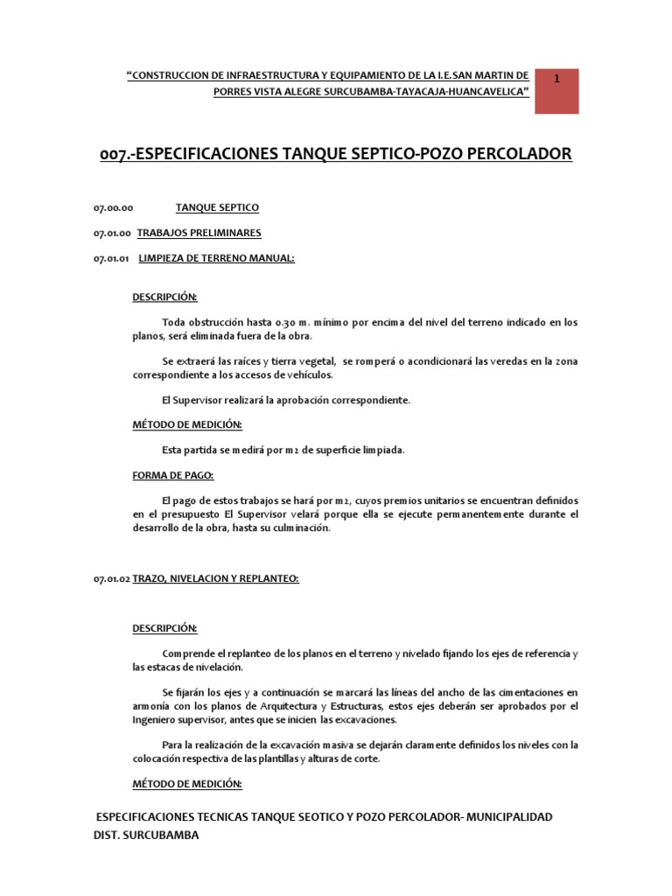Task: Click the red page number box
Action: tap(556, 89)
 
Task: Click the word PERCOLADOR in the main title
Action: tap(508, 154)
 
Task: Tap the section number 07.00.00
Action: tap(113, 208)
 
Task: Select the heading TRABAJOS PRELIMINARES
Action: tap(199, 233)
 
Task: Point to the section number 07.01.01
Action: tap(111, 258)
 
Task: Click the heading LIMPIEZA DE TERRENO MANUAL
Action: tap(216, 258)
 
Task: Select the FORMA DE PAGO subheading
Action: tap(173, 475)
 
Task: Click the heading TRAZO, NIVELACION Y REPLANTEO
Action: tap(215, 578)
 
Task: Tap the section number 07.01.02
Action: tap(111, 579)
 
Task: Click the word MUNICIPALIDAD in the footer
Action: tap(508, 816)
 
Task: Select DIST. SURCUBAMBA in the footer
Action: tap(145, 835)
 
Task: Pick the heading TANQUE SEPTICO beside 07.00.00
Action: tap(217, 208)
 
